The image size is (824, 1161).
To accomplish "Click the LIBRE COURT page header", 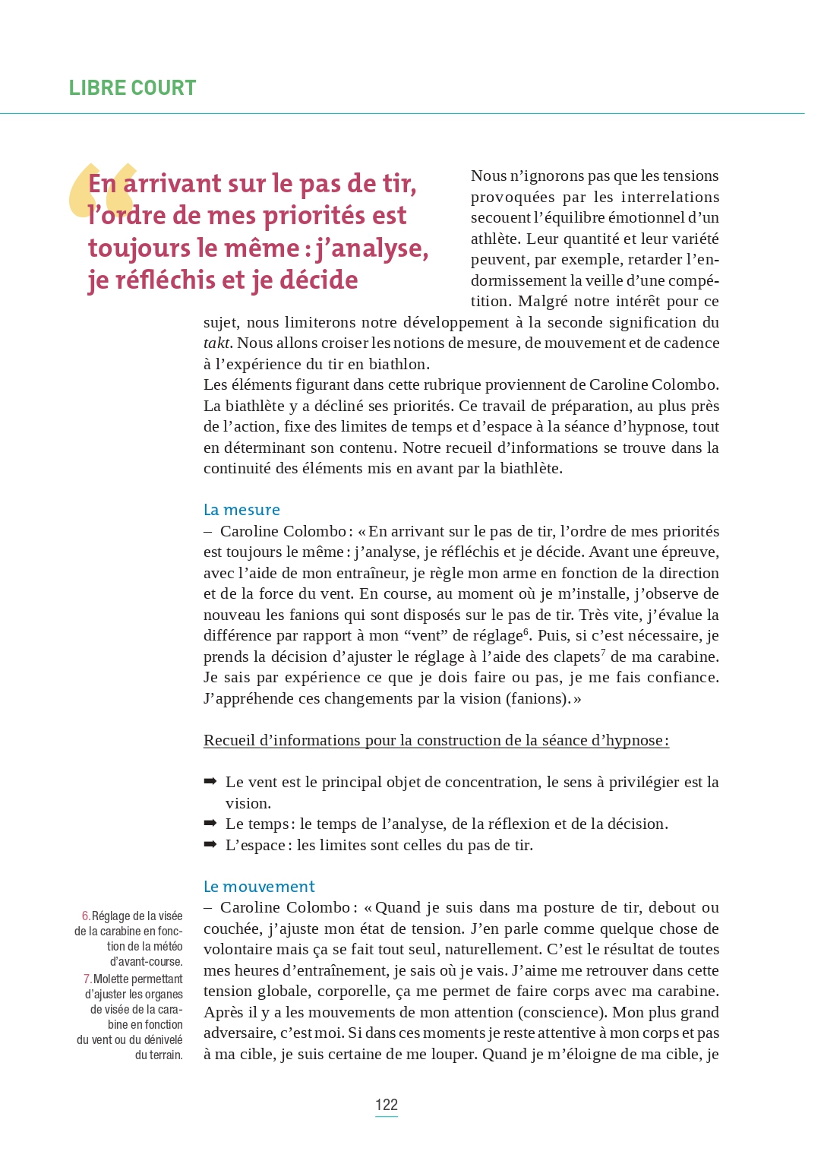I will pyautogui.click(x=132, y=88).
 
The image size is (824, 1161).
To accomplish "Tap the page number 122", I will pyautogui.click(x=387, y=1105).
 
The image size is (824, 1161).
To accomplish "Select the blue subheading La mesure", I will pyautogui.click(x=242, y=510).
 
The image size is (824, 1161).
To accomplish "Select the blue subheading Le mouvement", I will pyautogui.click(x=258, y=887).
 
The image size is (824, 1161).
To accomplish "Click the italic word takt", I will pyautogui.click(x=216, y=343).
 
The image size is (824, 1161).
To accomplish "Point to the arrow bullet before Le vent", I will pyautogui.click(x=210, y=782).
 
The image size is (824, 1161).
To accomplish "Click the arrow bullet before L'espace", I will pyautogui.click(x=210, y=844).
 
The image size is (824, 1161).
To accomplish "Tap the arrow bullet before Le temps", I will pyautogui.click(x=210, y=824).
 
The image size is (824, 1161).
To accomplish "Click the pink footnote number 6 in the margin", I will pyautogui.click(x=86, y=916).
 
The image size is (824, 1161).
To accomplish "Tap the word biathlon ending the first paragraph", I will pyautogui.click(x=400, y=365).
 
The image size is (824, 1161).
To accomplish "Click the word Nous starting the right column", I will pyautogui.click(x=488, y=176).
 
